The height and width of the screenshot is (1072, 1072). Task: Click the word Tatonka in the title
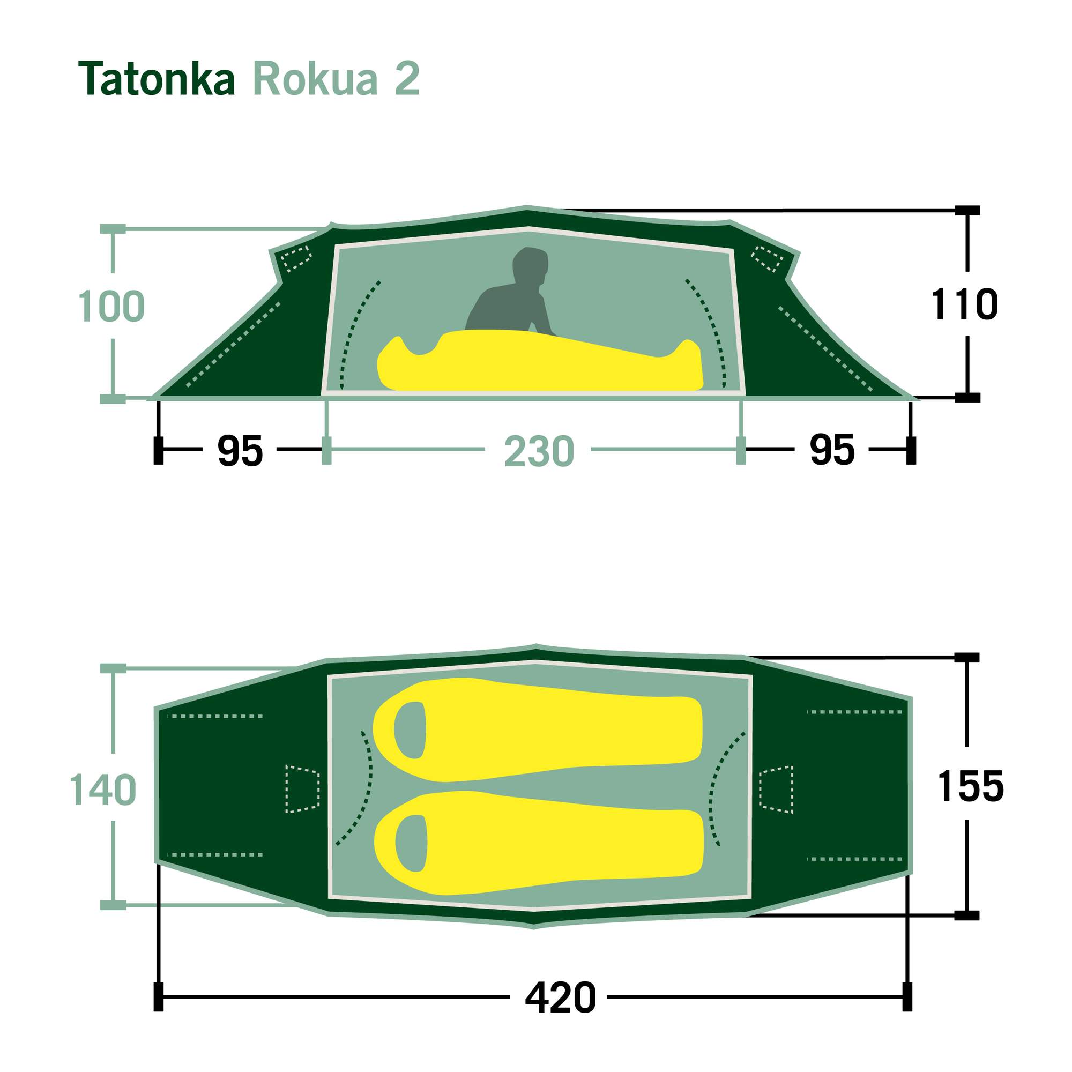coord(157,79)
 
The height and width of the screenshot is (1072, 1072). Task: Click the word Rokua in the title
coord(315,79)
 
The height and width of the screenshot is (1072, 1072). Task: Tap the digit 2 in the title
coord(407,79)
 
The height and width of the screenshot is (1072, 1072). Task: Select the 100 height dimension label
coord(111,306)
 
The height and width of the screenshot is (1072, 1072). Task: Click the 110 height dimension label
coord(964,304)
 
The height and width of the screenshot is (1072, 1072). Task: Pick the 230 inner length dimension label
coord(538,452)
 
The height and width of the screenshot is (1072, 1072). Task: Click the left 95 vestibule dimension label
coord(240,451)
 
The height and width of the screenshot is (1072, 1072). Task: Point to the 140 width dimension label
coord(103,790)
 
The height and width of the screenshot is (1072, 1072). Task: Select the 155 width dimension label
coord(971,786)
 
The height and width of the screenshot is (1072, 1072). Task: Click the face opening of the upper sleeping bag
coord(410,729)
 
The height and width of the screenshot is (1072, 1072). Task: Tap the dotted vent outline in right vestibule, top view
coord(776,790)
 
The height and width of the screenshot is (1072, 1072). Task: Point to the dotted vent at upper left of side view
coord(295,258)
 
